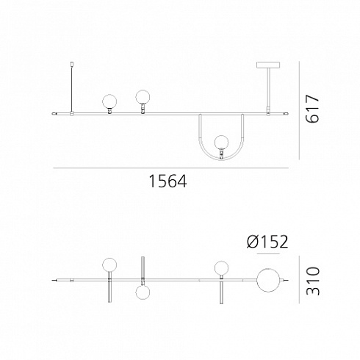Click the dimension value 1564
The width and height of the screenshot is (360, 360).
[168, 181]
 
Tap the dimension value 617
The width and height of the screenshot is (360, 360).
[312, 109]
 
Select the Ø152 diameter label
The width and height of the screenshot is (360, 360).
[267, 242]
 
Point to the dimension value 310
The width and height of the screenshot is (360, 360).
[313, 281]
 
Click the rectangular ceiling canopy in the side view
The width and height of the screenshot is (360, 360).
[268, 65]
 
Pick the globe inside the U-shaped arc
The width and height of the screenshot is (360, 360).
[221, 142]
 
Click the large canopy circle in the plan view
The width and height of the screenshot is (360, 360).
[268, 280]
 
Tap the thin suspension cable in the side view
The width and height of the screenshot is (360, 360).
[71, 89]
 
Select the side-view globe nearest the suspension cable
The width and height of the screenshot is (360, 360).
[109, 102]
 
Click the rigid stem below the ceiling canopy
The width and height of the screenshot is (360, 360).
[268, 87]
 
